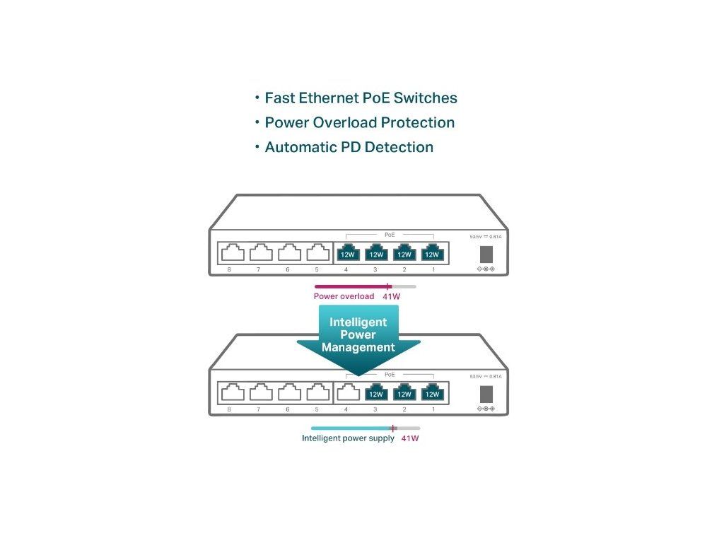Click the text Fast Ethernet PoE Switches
coord(361,98)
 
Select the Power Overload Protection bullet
coord(359,123)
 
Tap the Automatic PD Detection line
coord(349,148)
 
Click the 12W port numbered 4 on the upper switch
coord(347,253)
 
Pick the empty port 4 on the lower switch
coord(347,392)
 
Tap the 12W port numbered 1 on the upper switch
coord(431,253)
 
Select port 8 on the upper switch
coord(231,252)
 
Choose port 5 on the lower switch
coord(316,392)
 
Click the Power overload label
coord(344,296)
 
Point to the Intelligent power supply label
coord(348,438)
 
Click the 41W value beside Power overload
coord(391,296)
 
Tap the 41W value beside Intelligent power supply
coord(410,438)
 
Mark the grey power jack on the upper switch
coord(486,254)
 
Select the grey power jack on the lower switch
coord(486,394)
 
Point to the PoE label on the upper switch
coord(390,233)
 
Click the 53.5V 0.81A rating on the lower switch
coord(486,376)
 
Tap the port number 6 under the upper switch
coord(287,270)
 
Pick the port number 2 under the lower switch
coord(404,409)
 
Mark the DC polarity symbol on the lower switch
coord(486,409)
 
